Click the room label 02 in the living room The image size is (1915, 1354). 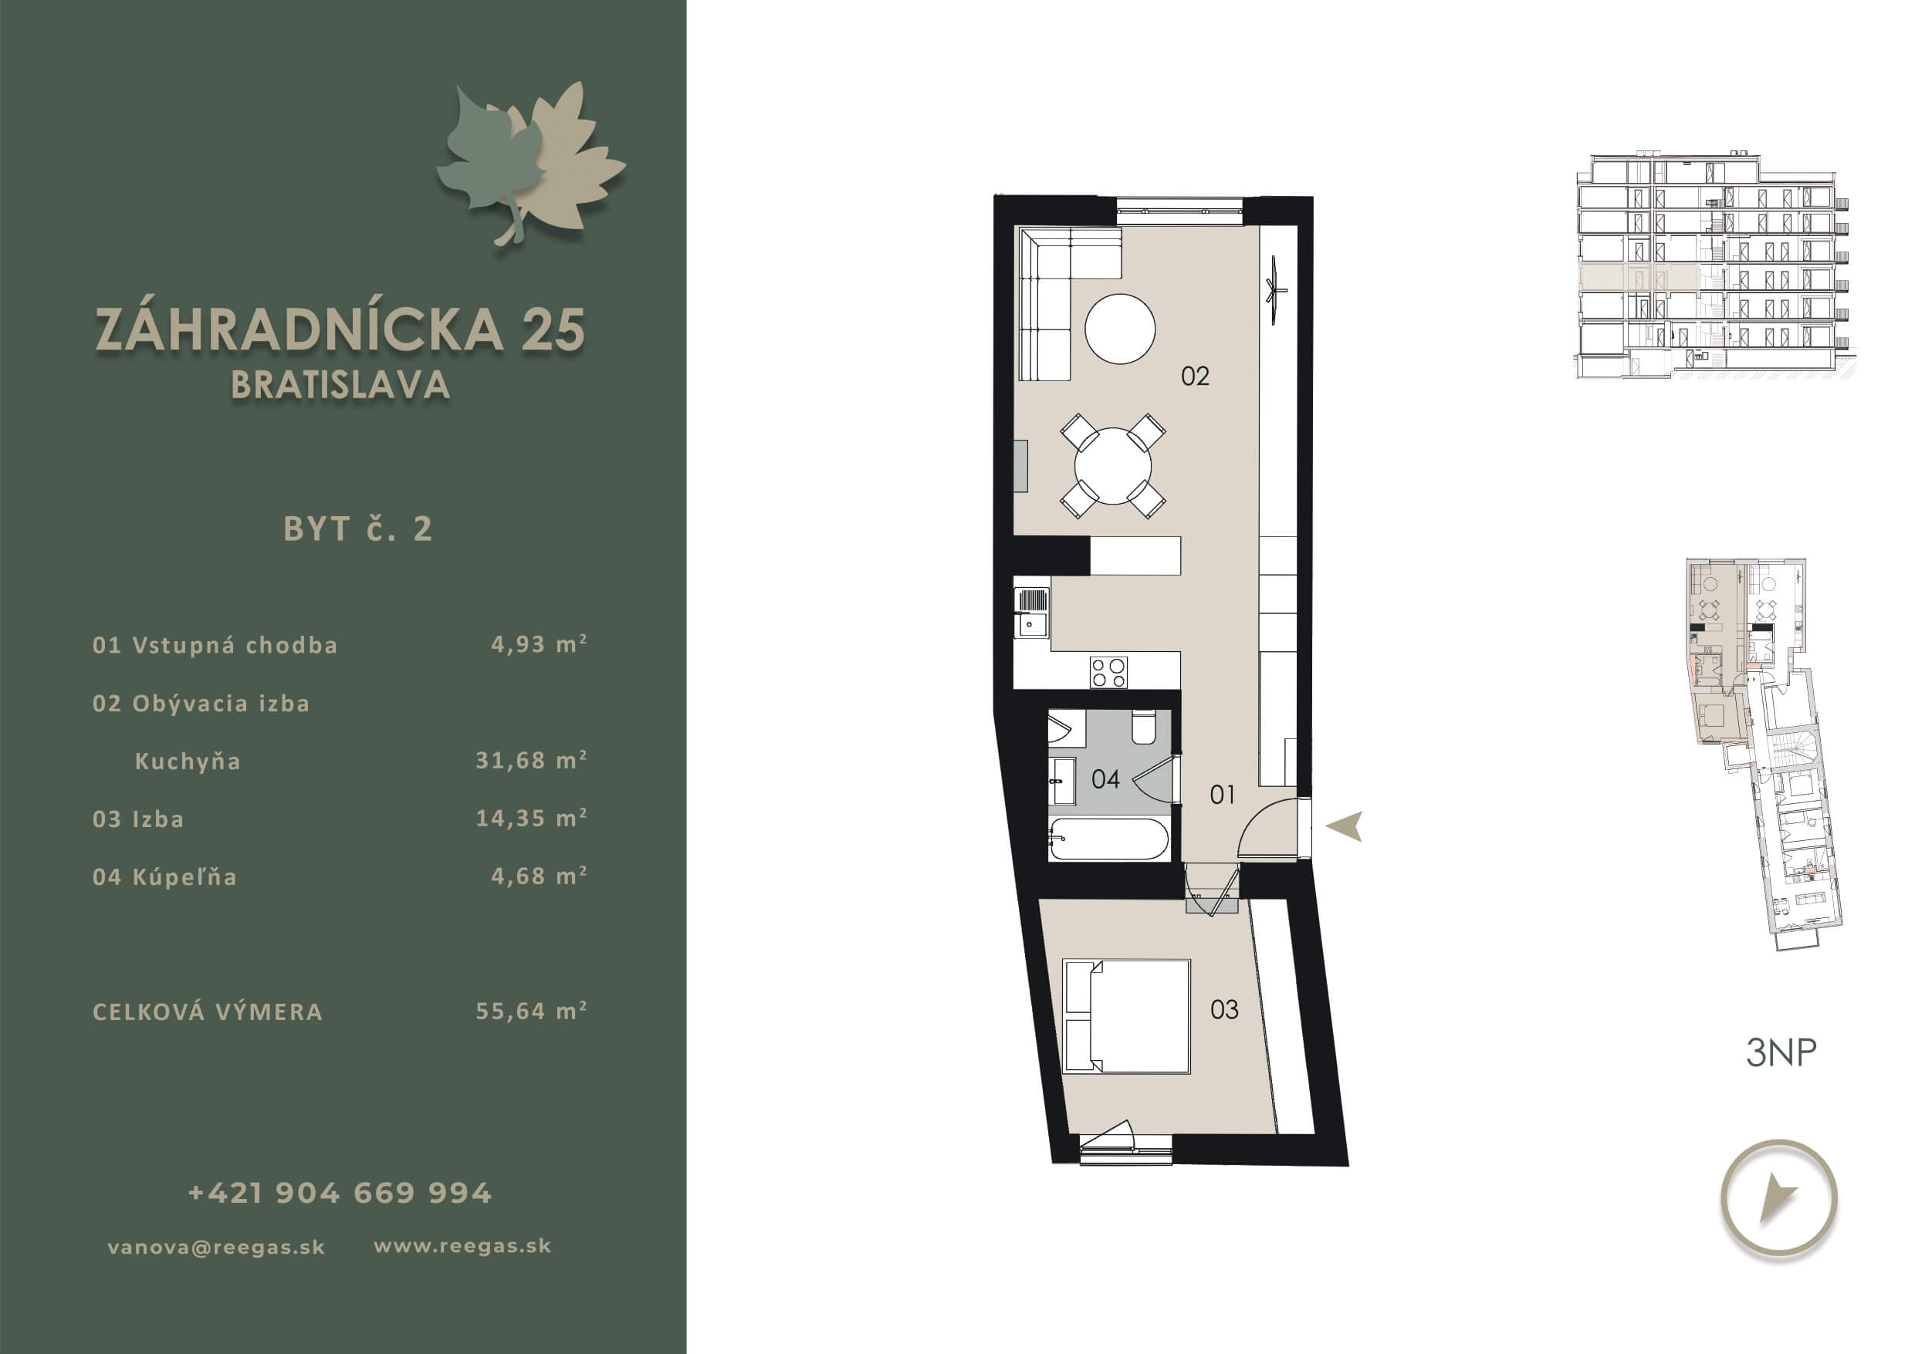click(1194, 376)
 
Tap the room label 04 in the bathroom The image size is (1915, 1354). click(1105, 778)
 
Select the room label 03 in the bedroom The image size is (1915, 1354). click(1223, 1010)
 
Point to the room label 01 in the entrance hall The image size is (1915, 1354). click(1222, 795)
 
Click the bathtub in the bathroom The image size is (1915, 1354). click(1108, 839)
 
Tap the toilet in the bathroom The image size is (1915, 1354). click(1142, 726)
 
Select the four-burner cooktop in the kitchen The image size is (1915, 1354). click(1108, 672)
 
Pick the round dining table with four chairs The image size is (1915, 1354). click(1112, 466)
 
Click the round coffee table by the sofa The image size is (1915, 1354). click(1119, 329)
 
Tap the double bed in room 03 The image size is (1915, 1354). click(1126, 1015)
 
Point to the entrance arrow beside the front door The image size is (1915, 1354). click(1345, 826)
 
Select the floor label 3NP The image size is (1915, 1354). click(1781, 1052)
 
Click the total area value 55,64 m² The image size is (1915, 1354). click(531, 1011)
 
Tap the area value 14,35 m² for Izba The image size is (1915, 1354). click(531, 818)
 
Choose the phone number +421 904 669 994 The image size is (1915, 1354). click(340, 1193)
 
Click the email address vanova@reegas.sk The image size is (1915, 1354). click(216, 1248)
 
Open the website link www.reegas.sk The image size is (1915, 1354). click(462, 1247)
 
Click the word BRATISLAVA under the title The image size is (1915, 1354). click(340, 385)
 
